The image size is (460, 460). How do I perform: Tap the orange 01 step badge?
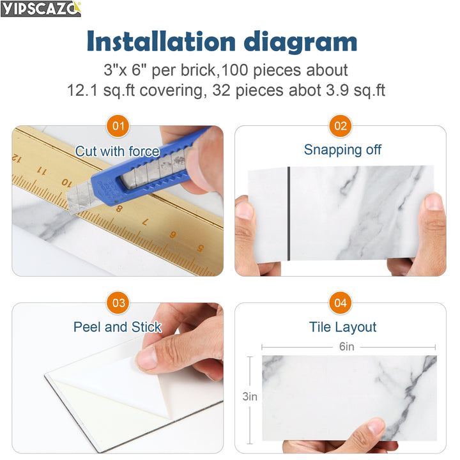pyautogui.click(x=118, y=126)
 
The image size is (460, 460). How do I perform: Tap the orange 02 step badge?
pyautogui.click(x=341, y=126)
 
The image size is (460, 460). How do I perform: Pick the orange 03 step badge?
pyautogui.click(x=118, y=303)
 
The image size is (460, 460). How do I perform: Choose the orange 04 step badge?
pyautogui.click(x=341, y=303)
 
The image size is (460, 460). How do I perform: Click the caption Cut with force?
pyautogui.click(x=118, y=151)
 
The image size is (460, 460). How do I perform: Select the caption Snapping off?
pyautogui.click(x=342, y=149)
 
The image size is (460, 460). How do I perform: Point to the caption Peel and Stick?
pyautogui.click(x=118, y=327)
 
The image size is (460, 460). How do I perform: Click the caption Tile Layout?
pyautogui.click(x=342, y=327)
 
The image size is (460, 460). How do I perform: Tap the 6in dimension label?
pyautogui.click(x=346, y=347)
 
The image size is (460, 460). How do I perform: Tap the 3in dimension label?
pyautogui.click(x=250, y=397)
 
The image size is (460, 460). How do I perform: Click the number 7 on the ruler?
pyautogui.click(x=144, y=223)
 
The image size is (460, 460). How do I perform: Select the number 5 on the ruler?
pyautogui.click(x=201, y=249)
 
